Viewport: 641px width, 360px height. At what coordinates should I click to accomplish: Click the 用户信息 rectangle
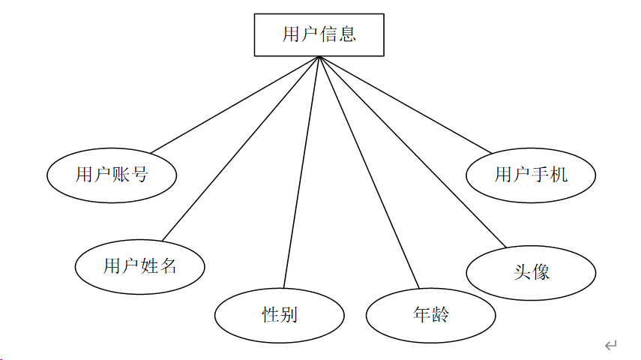(x=319, y=34)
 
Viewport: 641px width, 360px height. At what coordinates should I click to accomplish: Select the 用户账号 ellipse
(x=112, y=175)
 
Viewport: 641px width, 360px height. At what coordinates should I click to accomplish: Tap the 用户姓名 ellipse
(x=139, y=265)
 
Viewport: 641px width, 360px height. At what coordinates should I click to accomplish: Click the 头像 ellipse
(x=531, y=272)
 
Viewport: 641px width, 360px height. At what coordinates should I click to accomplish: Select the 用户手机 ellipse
(x=531, y=175)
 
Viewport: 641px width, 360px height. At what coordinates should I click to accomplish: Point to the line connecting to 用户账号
(x=235, y=105)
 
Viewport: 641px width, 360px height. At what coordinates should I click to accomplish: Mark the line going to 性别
(x=301, y=172)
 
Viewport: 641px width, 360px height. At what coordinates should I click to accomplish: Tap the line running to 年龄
(x=369, y=172)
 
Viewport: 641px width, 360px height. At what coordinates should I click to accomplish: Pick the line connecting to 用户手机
(x=405, y=105)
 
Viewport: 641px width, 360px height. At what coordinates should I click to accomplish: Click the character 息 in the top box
(x=347, y=34)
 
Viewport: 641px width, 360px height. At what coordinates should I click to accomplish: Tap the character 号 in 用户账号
(x=139, y=175)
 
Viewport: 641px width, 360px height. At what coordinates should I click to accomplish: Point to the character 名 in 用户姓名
(x=167, y=265)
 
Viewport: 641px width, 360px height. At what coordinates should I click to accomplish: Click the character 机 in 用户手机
(x=559, y=175)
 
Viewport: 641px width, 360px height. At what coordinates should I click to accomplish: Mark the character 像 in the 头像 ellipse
(x=541, y=272)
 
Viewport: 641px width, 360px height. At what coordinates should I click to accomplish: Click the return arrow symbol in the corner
(x=610, y=345)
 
